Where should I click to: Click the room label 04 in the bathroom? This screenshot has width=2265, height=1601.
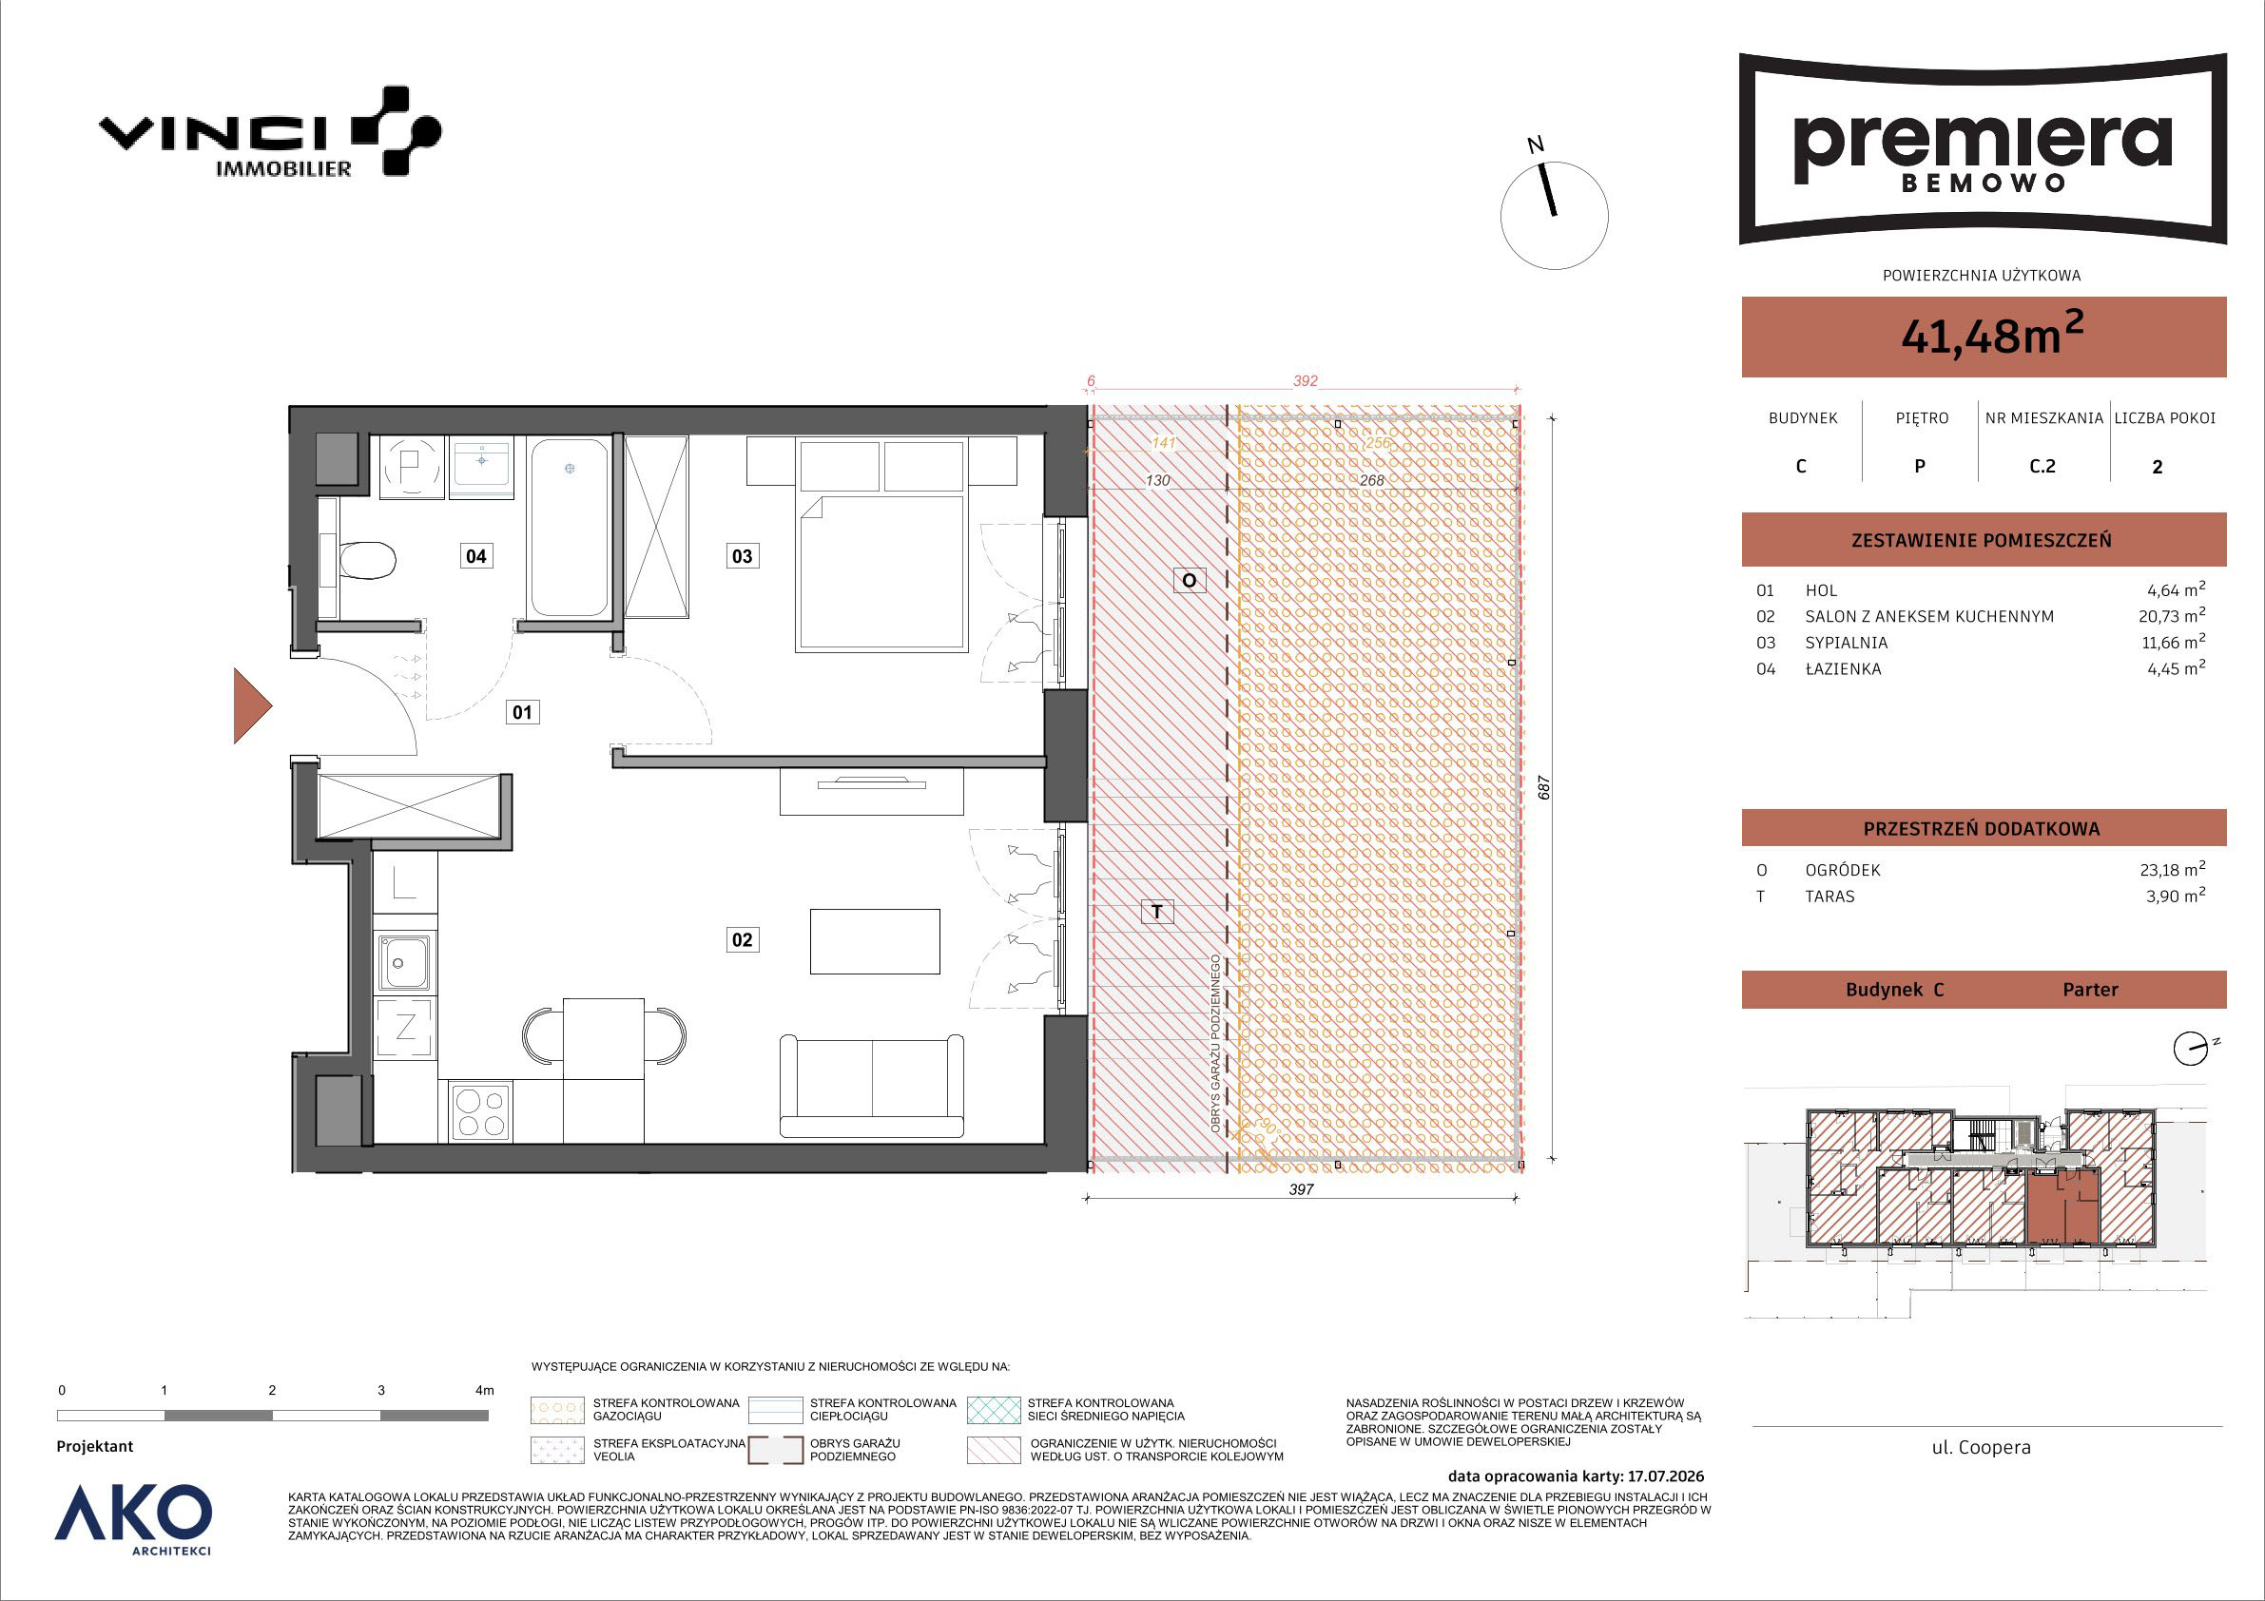point(475,556)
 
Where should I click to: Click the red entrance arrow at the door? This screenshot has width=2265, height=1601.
point(253,705)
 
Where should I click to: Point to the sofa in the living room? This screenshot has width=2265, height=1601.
point(871,1085)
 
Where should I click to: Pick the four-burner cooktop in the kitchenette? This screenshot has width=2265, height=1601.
point(480,1111)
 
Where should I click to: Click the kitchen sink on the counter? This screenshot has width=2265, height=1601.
point(403,961)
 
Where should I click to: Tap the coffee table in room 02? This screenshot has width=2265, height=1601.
point(875,941)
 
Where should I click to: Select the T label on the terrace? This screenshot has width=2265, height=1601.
point(1157,913)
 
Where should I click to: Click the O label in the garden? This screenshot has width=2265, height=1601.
point(1189,580)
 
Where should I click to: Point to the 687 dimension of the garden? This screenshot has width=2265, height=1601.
point(1545,787)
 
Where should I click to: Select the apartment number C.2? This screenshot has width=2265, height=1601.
point(2042,467)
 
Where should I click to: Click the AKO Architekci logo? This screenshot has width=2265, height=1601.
point(133,1520)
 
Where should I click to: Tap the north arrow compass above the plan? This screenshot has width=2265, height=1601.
point(1554,215)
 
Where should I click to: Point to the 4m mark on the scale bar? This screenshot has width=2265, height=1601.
point(483,1391)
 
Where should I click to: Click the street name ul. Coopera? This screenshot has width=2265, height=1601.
point(1981,1448)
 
